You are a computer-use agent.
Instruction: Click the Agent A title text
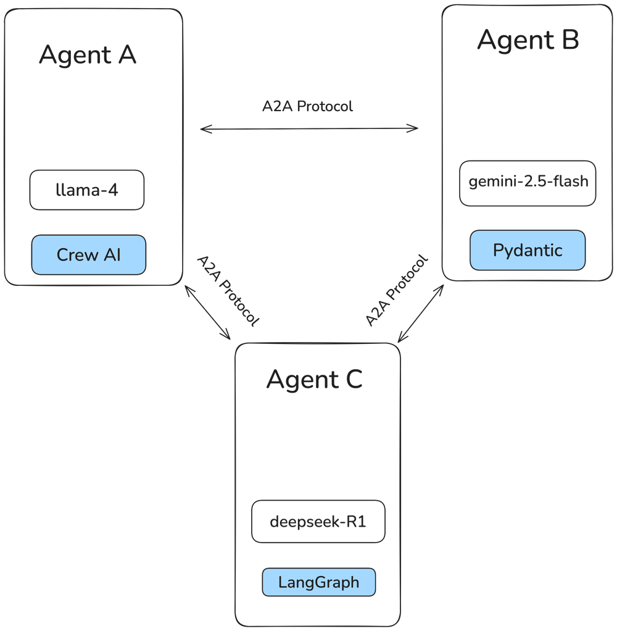87,56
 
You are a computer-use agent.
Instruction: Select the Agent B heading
528,41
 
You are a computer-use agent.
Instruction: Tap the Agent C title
314,379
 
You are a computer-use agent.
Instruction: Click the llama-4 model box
87,190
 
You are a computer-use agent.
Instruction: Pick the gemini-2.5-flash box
528,183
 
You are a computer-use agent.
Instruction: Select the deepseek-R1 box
318,522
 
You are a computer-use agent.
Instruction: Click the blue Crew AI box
89,254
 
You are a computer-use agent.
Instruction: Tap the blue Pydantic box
528,250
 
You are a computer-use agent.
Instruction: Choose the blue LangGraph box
318,582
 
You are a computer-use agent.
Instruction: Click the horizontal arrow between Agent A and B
308,128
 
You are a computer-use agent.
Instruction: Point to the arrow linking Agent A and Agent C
207,312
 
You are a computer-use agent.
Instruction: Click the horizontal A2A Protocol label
308,106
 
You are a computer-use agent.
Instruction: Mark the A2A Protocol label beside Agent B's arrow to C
396,290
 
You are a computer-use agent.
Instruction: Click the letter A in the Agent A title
126,55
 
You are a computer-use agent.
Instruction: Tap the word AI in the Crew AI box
112,254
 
